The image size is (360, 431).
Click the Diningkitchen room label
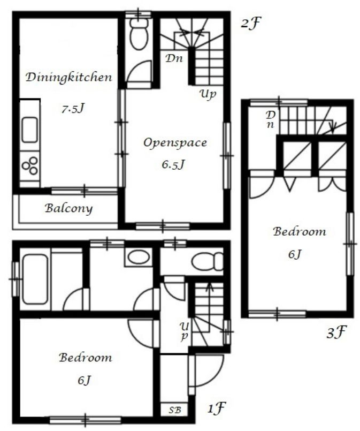click(x=69, y=78)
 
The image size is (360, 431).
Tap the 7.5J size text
click(x=73, y=109)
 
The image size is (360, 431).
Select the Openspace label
click(x=175, y=143)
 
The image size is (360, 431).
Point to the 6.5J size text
click(x=173, y=165)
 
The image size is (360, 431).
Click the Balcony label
click(x=68, y=209)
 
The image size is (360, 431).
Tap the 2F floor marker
click(x=250, y=24)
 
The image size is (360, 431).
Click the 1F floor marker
click(x=216, y=408)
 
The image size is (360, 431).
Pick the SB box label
click(x=174, y=410)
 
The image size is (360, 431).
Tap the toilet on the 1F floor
click(x=208, y=261)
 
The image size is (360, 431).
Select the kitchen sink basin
click(x=29, y=130)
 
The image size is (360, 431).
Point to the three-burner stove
click(x=30, y=165)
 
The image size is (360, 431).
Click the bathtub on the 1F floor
click(x=35, y=279)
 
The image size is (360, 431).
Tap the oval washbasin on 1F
click(x=139, y=257)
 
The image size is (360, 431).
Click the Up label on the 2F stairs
click(x=208, y=95)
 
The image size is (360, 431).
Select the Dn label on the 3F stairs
click(x=271, y=119)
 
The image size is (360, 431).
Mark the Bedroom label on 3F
click(x=300, y=231)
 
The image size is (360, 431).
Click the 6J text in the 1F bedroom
click(x=84, y=381)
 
